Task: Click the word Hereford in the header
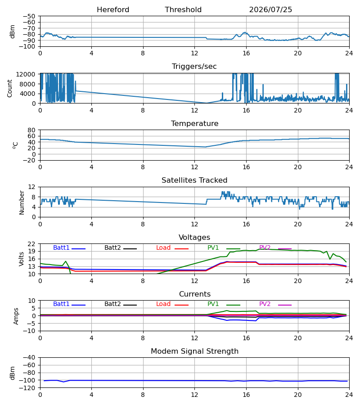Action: [113, 10]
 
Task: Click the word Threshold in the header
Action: [183, 10]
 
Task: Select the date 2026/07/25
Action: [270, 10]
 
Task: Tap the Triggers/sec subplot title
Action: [194, 67]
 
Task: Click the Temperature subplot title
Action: [194, 123]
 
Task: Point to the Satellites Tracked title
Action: [194, 180]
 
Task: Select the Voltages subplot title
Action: [194, 238]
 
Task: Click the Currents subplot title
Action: [195, 294]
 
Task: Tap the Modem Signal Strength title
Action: [194, 351]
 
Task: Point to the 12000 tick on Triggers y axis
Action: [26, 74]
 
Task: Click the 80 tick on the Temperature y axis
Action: [31, 130]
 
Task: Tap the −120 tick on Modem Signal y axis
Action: [29, 388]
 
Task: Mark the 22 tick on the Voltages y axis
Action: [31, 244]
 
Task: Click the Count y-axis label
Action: [9, 88]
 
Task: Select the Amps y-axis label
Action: [16, 316]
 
